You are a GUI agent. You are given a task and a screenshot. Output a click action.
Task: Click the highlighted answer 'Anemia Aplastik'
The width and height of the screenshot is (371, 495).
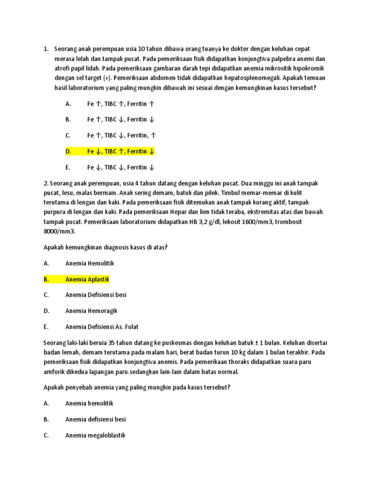coord(87,279)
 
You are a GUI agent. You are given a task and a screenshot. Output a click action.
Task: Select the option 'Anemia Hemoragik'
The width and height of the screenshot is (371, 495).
coord(91,311)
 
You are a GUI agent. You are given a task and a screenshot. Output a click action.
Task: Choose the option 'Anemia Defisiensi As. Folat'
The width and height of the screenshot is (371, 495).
coord(102,327)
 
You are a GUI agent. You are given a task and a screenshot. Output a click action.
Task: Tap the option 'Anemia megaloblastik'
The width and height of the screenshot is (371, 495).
coord(95,435)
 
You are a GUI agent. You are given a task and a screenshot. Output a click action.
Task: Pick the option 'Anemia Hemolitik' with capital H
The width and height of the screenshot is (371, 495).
coord(89,263)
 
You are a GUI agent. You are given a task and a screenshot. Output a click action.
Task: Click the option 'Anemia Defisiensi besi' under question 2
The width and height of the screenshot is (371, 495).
coord(96,295)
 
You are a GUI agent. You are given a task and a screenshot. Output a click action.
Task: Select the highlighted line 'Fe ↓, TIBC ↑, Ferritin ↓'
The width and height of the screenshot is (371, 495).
coord(121,151)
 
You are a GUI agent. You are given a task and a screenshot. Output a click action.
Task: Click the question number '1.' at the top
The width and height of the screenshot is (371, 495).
coord(46,49)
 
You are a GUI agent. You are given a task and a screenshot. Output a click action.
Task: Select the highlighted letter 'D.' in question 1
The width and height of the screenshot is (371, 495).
coord(68,151)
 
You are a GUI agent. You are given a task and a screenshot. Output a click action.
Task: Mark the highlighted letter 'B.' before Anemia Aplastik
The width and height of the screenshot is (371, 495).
coord(46,279)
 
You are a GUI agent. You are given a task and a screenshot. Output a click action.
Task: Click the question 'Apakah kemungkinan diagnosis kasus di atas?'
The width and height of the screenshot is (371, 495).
coord(105,247)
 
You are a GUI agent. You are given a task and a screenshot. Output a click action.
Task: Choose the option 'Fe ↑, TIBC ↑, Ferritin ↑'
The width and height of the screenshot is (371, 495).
coord(121,104)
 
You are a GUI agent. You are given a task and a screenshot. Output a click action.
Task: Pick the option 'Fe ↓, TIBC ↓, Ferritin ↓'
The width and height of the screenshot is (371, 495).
coord(121,167)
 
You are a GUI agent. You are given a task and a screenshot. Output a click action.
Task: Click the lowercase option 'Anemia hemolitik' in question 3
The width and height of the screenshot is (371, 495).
coord(89,403)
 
